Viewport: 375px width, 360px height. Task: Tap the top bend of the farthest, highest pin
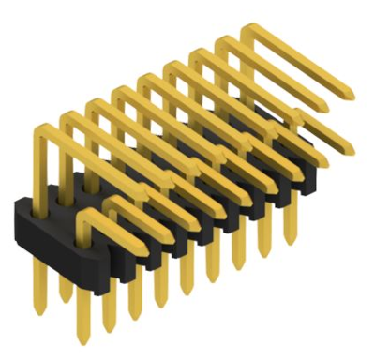(249, 29)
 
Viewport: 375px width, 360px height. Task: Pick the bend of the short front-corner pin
(84, 218)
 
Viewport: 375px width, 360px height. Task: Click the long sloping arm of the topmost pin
(300, 64)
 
